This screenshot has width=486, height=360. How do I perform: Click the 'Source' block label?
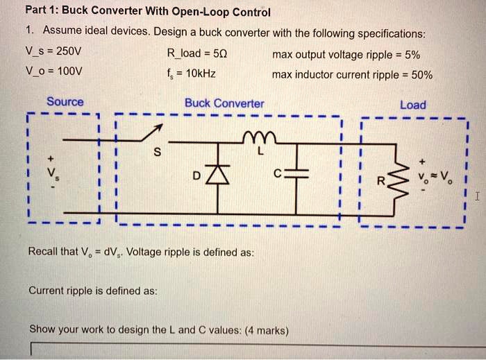point(65,102)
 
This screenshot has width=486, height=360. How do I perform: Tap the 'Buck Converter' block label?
point(224,103)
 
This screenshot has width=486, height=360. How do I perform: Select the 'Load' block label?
point(413,105)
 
